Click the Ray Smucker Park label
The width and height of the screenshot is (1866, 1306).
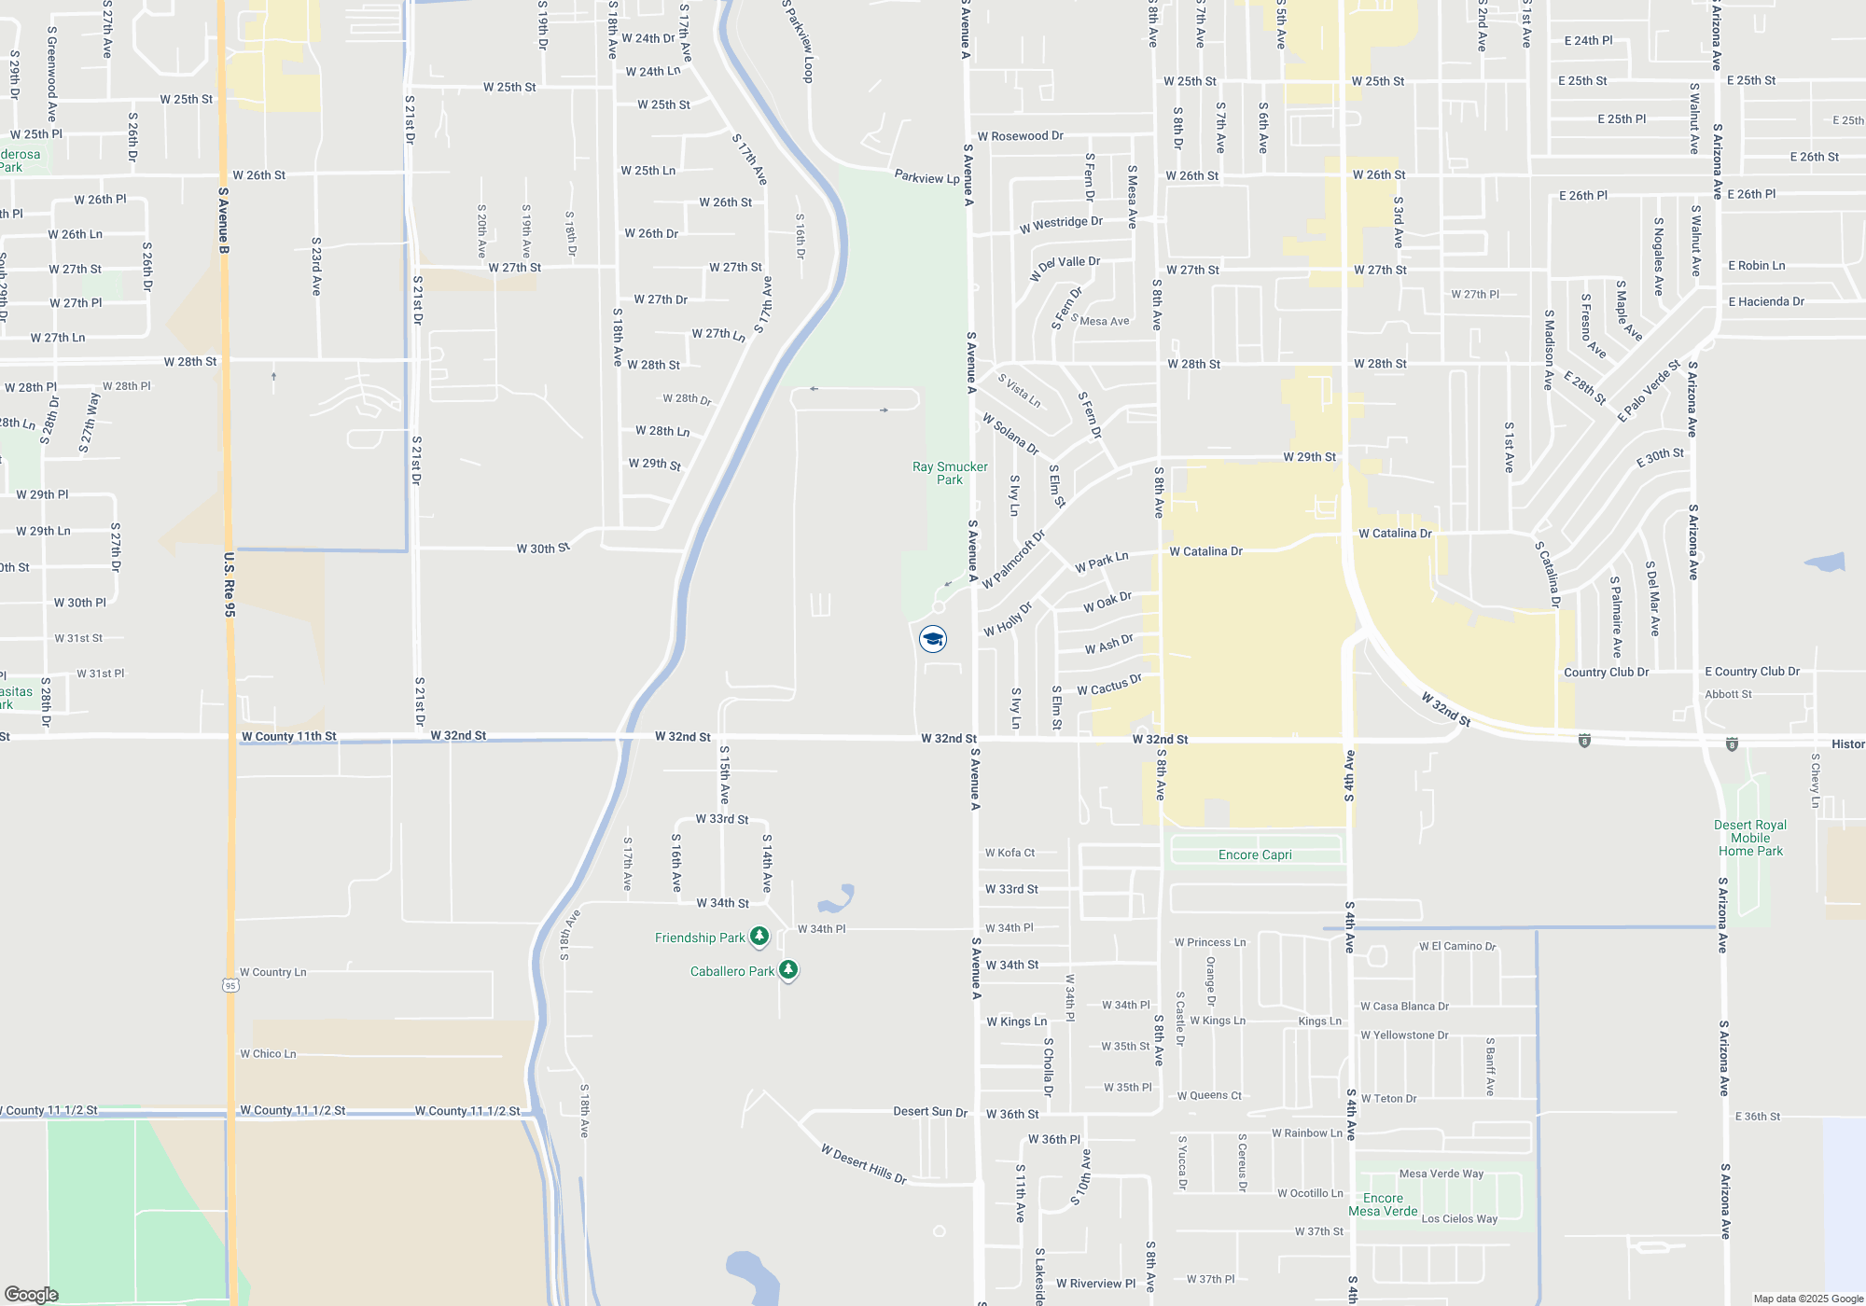point(950,473)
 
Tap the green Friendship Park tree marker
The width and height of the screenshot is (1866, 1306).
point(759,937)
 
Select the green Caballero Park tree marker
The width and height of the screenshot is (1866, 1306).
point(788,970)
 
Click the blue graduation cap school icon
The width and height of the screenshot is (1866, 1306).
point(933,638)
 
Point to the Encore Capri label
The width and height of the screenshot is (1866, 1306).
point(1255,854)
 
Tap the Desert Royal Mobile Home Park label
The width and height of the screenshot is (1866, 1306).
point(1750,838)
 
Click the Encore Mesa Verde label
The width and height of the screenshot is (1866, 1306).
point(1383,1204)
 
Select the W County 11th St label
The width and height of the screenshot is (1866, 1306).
point(288,736)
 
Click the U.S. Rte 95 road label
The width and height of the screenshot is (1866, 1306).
point(230,585)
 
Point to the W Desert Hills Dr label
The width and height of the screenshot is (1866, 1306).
point(864,1164)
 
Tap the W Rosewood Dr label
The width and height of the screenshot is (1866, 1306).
point(1020,136)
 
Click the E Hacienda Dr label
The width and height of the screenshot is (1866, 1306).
point(1766,301)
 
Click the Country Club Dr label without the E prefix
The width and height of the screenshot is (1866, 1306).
point(1606,672)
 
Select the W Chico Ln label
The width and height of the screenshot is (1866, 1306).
point(268,1054)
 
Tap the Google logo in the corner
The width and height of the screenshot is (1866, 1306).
point(32,1295)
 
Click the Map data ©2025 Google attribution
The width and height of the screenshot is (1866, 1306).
point(1808,1299)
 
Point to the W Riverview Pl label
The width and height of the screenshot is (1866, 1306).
point(1095,1284)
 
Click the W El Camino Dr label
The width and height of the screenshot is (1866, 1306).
point(1457,946)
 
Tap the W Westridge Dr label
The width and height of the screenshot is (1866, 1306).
point(1061,224)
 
